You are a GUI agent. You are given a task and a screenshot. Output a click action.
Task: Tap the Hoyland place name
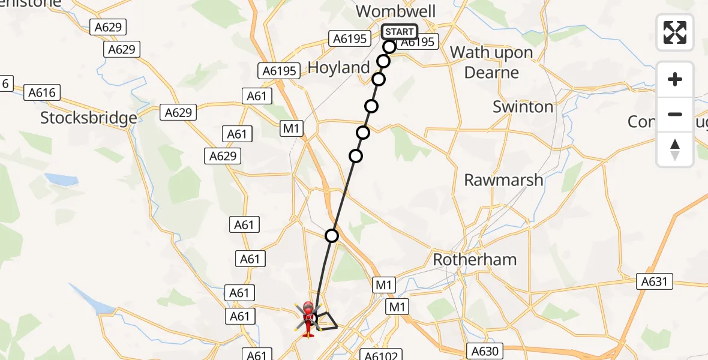[x=338, y=68]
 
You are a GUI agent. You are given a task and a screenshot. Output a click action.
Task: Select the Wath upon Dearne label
[x=491, y=62]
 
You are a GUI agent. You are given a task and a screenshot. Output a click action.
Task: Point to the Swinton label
[x=523, y=107]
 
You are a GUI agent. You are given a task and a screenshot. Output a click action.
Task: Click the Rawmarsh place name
[x=503, y=179]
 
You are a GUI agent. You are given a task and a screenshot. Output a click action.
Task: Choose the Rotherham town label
[x=475, y=260]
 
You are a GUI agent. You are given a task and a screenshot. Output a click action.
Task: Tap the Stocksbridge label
[x=89, y=118]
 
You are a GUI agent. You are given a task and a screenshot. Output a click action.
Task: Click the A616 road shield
[x=42, y=92]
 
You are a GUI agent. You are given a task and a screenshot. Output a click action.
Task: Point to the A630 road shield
[x=484, y=351]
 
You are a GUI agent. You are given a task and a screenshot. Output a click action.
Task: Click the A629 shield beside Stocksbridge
[x=179, y=112]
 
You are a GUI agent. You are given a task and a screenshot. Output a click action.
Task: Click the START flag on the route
[x=399, y=32]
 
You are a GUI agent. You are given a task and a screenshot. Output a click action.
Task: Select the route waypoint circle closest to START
[x=389, y=46]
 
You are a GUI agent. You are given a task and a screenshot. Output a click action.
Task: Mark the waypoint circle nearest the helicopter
[x=332, y=235]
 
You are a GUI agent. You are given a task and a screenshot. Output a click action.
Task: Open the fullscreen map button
[x=675, y=32]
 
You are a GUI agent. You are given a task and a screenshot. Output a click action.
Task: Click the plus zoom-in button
[x=675, y=79]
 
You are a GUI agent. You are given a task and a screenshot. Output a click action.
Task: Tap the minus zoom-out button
[x=675, y=114]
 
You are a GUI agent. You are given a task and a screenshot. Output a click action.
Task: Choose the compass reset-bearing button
[x=675, y=149]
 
